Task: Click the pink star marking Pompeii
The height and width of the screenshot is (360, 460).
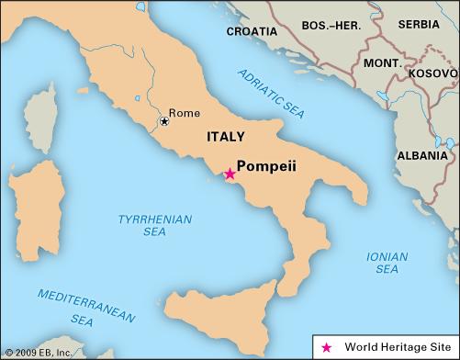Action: (230, 174)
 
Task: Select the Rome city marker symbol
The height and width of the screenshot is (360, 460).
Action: (164, 121)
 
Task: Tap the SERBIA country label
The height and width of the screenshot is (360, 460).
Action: (418, 23)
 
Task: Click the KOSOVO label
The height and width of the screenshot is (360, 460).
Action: (429, 71)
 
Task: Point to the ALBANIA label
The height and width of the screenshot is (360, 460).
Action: (421, 155)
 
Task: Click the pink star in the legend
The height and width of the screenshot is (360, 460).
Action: (326, 347)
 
